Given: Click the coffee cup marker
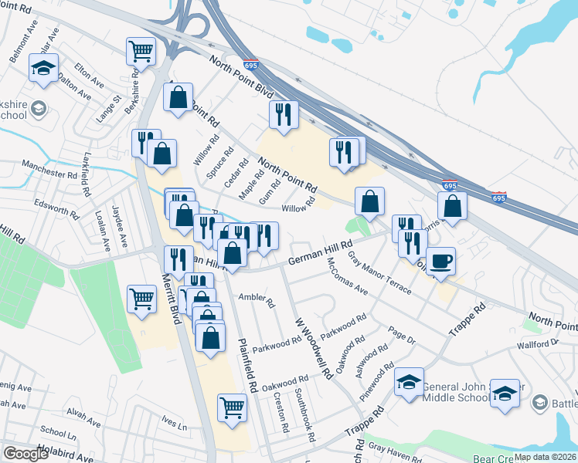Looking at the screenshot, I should pos(440,260).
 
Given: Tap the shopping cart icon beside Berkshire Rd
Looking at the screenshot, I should pos(141,51).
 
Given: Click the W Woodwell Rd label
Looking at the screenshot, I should pos(313,346).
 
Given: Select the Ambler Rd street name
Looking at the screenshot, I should pos(257,299).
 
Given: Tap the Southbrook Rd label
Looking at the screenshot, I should pos(304,414).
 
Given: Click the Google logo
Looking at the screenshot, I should pos(25,454).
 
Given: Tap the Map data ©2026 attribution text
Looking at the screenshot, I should pos(544,457).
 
